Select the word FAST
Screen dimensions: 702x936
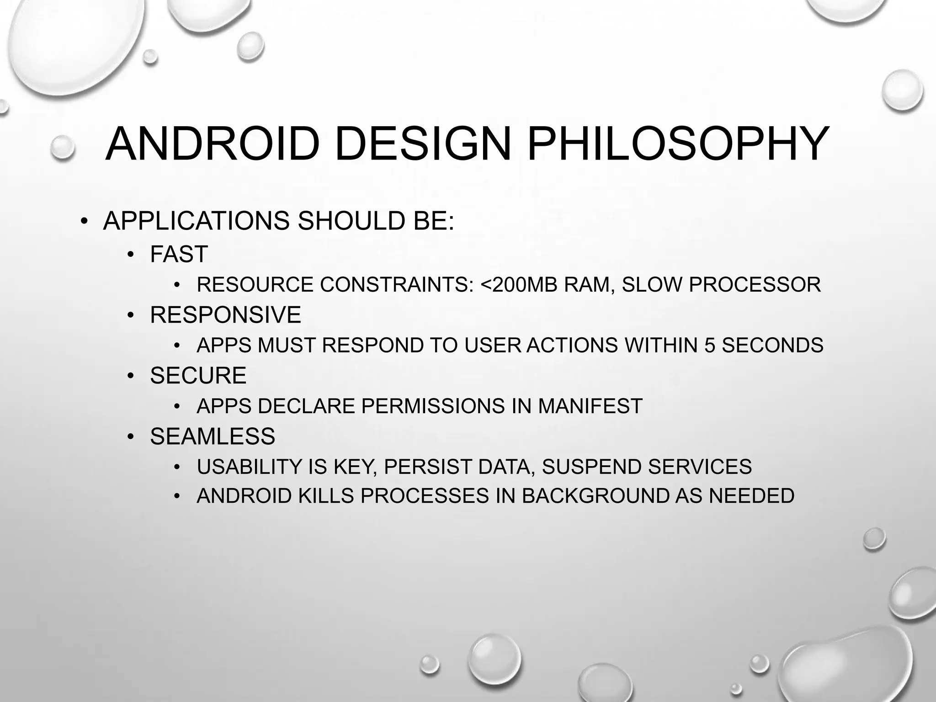(x=179, y=254)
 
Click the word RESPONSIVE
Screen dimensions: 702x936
(x=225, y=315)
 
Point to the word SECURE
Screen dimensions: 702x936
(x=198, y=376)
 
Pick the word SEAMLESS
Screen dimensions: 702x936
(x=213, y=436)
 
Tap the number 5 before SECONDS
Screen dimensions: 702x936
(x=709, y=345)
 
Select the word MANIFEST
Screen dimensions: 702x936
(x=590, y=406)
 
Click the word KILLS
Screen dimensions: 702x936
(x=326, y=496)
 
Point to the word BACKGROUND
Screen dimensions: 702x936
(x=595, y=496)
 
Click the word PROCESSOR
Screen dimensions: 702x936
(x=755, y=285)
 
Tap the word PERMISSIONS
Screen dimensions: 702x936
(x=433, y=406)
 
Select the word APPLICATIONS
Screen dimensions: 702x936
(x=196, y=221)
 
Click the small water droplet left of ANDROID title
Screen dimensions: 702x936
(x=63, y=147)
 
